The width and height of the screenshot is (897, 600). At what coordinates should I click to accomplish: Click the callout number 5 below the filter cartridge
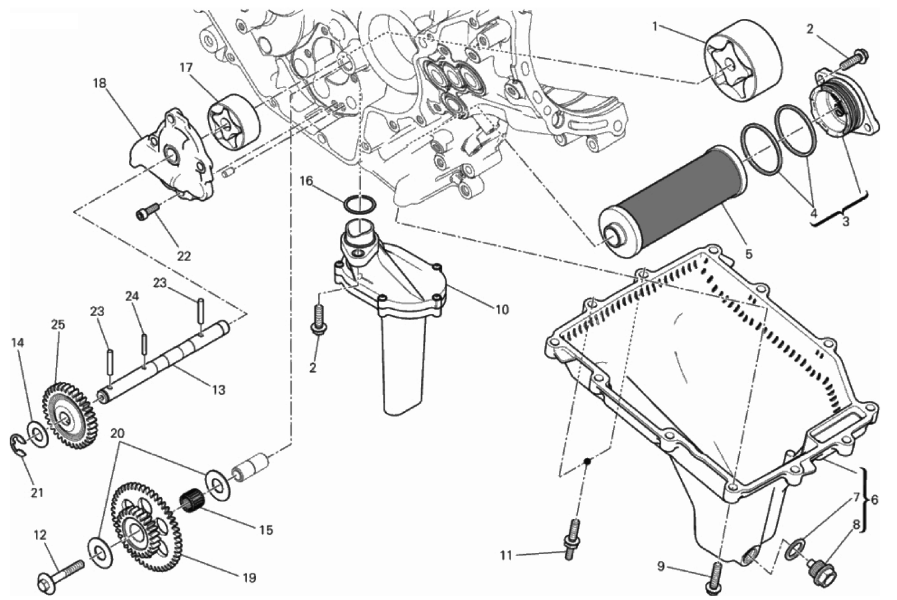[x=749, y=254]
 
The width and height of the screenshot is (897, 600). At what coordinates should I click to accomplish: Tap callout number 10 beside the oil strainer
[x=502, y=309]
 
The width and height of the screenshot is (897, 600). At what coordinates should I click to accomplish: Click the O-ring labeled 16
[x=360, y=205]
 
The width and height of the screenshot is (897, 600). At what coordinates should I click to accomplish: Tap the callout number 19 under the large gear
[x=249, y=578]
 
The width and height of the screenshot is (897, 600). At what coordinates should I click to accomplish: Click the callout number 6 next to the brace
[x=874, y=500]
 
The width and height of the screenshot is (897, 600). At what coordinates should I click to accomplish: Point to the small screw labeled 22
[x=148, y=211]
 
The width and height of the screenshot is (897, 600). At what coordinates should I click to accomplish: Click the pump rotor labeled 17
[x=233, y=123]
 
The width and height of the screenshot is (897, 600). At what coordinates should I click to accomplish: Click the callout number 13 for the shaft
[x=218, y=390]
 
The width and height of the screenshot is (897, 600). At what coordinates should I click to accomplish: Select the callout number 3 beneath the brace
[x=846, y=222]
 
